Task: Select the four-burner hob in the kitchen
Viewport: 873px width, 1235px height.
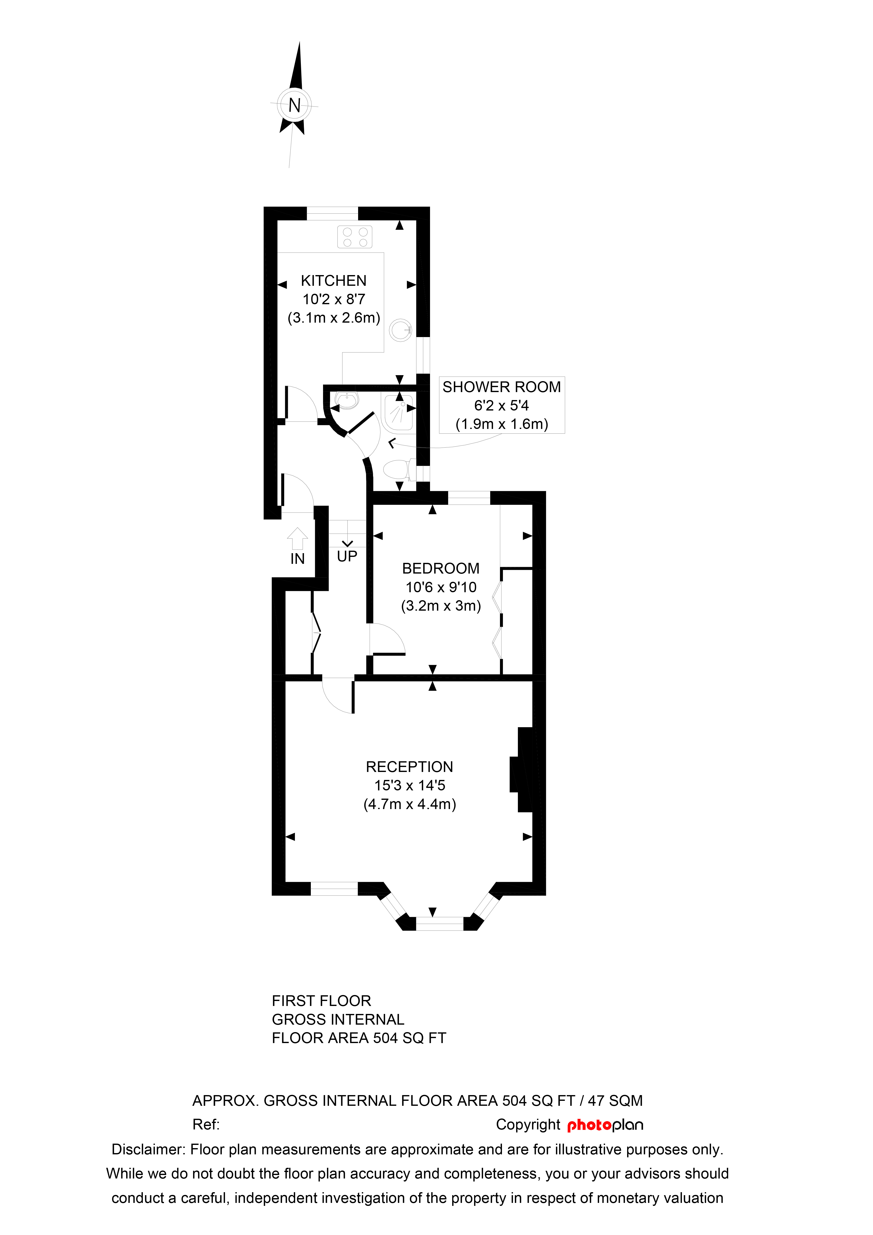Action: (x=355, y=237)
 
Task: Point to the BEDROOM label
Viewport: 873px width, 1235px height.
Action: (x=441, y=569)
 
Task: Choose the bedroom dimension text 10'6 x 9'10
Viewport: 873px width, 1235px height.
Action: (x=441, y=588)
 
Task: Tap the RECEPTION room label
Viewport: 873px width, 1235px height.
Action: (x=410, y=767)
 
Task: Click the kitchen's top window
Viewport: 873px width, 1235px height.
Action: (x=332, y=213)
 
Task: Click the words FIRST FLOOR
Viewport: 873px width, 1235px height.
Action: (x=322, y=1001)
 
